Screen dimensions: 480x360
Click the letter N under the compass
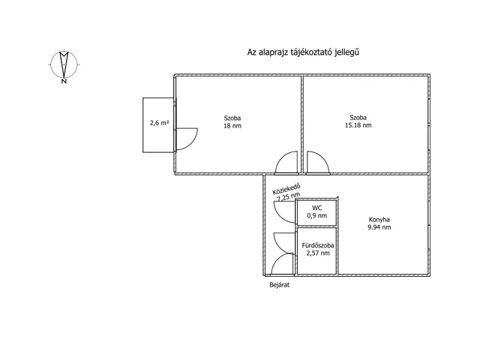click(64, 81)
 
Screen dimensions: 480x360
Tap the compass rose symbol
click(64, 64)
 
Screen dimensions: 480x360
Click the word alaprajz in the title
click(273, 52)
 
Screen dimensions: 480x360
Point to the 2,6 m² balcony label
click(159, 123)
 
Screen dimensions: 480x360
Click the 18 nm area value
click(232, 126)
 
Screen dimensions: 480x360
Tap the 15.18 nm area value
click(358, 125)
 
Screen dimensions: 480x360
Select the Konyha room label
click(379, 220)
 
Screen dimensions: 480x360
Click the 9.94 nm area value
click(379, 227)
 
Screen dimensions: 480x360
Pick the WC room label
click(316, 208)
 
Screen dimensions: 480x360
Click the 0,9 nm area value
click(316, 215)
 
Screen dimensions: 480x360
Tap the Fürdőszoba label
click(318, 245)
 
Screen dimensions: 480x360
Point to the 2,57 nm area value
click(318, 253)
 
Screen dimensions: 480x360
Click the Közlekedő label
click(286, 189)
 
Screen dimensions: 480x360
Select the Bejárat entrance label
click(279, 285)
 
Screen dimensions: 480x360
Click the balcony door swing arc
click(191, 143)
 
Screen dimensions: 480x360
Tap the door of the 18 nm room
click(282, 158)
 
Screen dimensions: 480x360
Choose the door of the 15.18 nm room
click(323, 158)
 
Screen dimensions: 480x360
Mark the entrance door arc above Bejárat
click(278, 259)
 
